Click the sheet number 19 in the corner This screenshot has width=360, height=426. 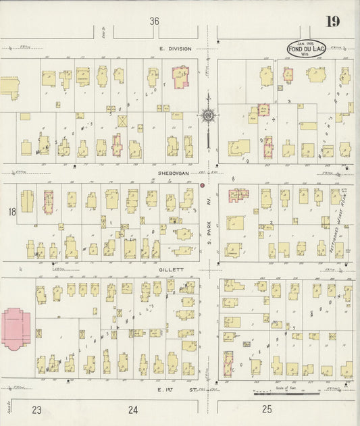[332, 22]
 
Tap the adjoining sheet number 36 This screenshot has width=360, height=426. [155, 22]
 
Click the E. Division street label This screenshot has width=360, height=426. [176, 49]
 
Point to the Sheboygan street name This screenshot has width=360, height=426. [172, 173]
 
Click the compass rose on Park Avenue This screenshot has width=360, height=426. [208, 115]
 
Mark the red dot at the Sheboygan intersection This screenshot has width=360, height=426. [202, 184]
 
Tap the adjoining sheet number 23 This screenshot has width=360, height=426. [37, 409]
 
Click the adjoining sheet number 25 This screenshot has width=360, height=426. [267, 409]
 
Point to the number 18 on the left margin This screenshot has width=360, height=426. [11, 213]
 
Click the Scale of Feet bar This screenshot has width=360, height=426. [287, 392]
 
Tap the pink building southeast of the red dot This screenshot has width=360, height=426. [238, 196]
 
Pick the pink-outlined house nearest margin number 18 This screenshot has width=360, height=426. [48, 202]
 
